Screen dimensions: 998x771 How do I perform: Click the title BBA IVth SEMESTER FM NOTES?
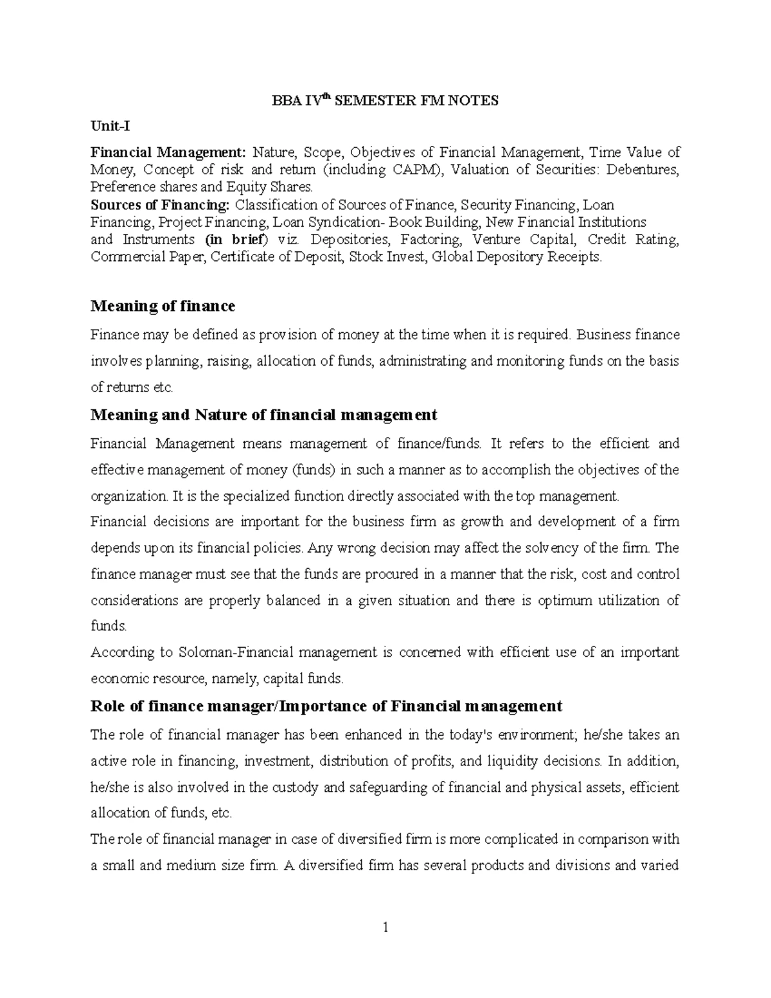tap(385, 101)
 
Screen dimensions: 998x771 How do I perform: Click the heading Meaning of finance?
tap(163, 306)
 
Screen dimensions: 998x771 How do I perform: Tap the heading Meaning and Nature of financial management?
tap(263, 414)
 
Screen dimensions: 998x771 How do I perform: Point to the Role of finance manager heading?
tap(326, 706)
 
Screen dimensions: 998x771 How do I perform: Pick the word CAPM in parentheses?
tap(420, 170)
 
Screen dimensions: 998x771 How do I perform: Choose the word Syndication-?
tap(339, 222)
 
